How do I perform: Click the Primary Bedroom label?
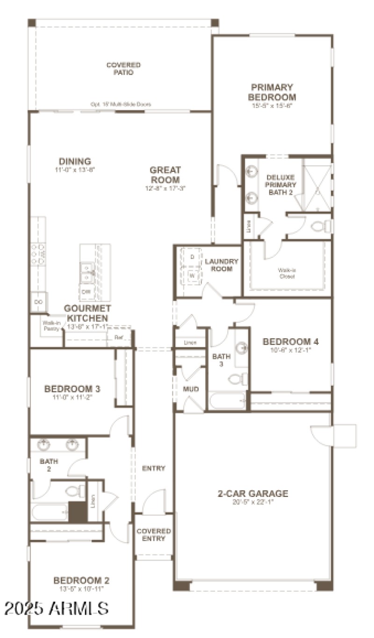[x=272, y=92]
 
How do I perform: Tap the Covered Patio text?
[x=123, y=69]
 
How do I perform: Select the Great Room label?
[x=165, y=175]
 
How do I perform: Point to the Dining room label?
[x=75, y=162]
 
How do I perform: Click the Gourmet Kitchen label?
[x=87, y=313]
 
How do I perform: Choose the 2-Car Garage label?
[x=253, y=494]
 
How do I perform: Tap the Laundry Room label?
[x=222, y=265]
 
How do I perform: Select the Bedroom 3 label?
[x=72, y=389]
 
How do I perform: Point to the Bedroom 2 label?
[x=81, y=581]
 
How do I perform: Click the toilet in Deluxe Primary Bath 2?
[x=321, y=227]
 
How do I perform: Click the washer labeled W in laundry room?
[x=192, y=275]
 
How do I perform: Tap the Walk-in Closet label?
[x=287, y=273]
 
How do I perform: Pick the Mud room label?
[x=191, y=389]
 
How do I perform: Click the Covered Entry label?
[x=154, y=535]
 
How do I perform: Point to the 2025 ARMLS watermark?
[x=57, y=608]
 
